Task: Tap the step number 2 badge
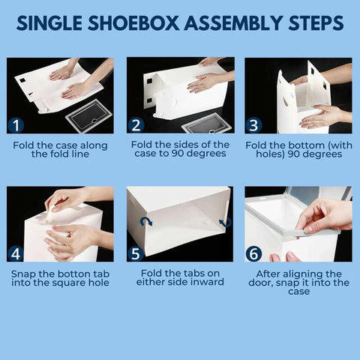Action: (137, 124)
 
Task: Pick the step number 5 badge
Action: (137, 253)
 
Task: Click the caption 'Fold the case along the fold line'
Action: (60, 149)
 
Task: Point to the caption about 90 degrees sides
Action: (180, 149)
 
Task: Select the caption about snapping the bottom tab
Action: (60, 278)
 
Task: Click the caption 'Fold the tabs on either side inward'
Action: (180, 278)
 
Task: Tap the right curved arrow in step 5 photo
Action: (223, 222)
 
